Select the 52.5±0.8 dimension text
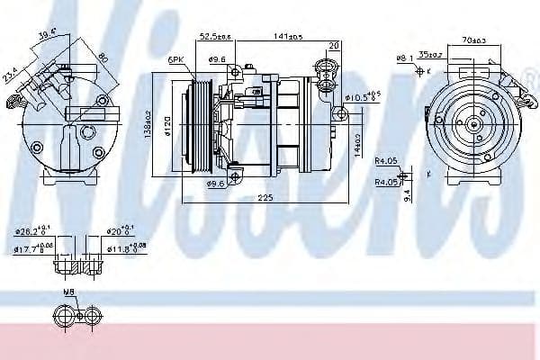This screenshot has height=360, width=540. coord(214,37)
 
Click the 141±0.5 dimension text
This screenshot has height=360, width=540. coord(287,37)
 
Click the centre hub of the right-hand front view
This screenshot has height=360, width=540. coord(472,125)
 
